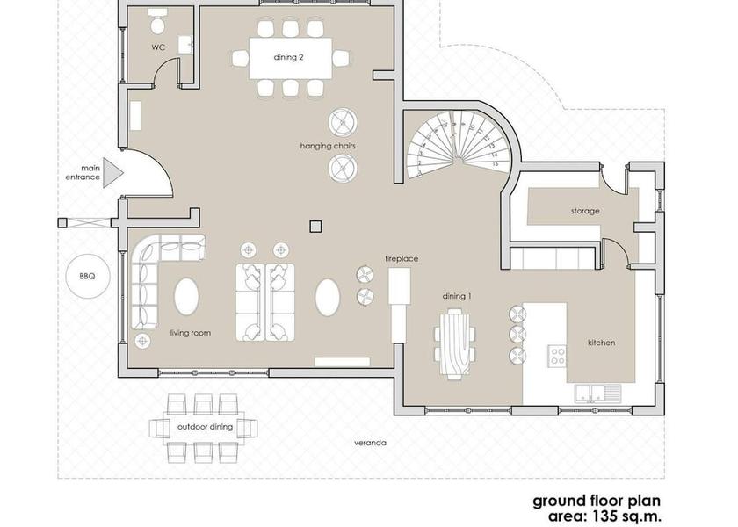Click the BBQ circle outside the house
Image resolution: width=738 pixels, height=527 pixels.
(x=86, y=276)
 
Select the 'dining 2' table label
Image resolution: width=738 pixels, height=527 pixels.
(x=290, y=58)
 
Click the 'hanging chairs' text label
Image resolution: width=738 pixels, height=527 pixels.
(x=327, y=145)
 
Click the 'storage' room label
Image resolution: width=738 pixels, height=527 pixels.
(x=584, y=211)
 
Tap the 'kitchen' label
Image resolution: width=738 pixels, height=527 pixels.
(x=601, y=343)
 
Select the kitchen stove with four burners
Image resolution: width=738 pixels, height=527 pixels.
(x=558, y=356)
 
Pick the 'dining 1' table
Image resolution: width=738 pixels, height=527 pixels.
(x=455, y=343)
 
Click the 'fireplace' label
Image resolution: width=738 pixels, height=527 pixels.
(x=401, y=259)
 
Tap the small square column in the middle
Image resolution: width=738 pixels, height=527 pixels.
(x=315, y=226)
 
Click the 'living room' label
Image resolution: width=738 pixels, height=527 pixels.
(x=190, y=333)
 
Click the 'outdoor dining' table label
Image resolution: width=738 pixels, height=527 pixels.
(x=205, y=427)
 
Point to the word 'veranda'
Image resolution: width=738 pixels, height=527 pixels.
(x=370, y=443)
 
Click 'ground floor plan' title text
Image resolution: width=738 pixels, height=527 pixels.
(x=597, y=502)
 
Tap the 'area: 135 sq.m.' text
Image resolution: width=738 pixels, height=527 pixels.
(x=604, y=517)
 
